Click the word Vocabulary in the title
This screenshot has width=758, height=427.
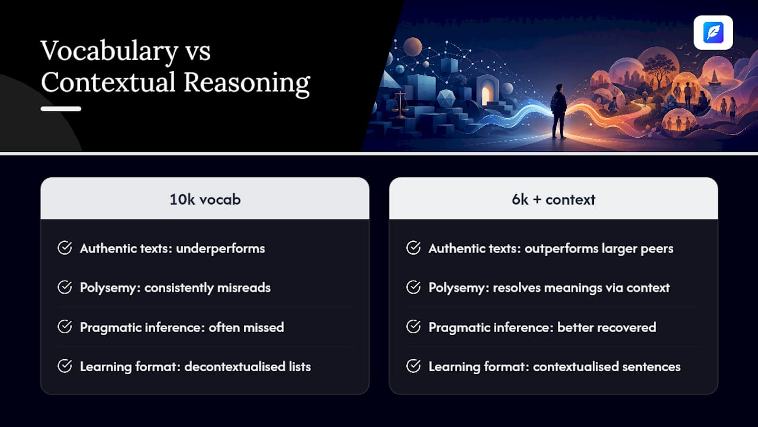coord(110,52)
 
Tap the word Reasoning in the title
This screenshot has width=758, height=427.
coord(247,83)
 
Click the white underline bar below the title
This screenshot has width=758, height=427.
coord(61,109)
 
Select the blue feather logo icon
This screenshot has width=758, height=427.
coord(714,33)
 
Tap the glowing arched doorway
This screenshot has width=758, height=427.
coord(486,94)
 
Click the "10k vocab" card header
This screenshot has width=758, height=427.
coord(205,199)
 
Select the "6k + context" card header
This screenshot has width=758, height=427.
coord(554,199)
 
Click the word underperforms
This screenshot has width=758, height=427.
coord(221,248)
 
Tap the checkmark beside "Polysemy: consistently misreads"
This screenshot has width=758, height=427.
coord(65,288)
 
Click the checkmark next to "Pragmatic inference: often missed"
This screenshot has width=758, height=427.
coord(65,327)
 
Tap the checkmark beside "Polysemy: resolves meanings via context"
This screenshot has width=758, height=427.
coord(413,288)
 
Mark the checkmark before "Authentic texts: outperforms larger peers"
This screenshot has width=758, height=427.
coord(413,248)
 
